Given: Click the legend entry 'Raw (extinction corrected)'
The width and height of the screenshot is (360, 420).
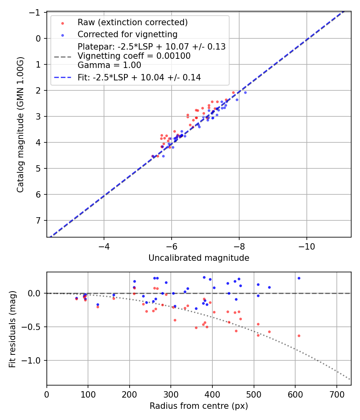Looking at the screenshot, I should [x=132, y=22].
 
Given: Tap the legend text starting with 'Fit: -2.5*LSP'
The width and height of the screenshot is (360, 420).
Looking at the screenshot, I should [x=139, y=78].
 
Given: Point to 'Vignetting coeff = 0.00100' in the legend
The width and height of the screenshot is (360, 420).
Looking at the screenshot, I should [x=134, y=56].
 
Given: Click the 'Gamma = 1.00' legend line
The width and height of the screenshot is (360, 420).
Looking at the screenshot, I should [x=109, y=65].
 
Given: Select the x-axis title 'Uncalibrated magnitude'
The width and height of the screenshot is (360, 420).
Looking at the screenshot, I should [x=199, y=258].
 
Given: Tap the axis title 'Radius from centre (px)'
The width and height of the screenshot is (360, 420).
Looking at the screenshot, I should [x=199, y=406].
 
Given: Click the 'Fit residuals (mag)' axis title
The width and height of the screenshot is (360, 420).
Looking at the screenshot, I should [x=12, y=328].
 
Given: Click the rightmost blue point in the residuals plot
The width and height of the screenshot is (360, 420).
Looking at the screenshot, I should [x=298, y=278].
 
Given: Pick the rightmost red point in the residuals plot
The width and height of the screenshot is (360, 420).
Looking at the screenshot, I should [x=298, y=336].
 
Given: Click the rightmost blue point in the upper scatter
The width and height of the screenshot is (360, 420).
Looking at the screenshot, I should [x=245, y=92].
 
